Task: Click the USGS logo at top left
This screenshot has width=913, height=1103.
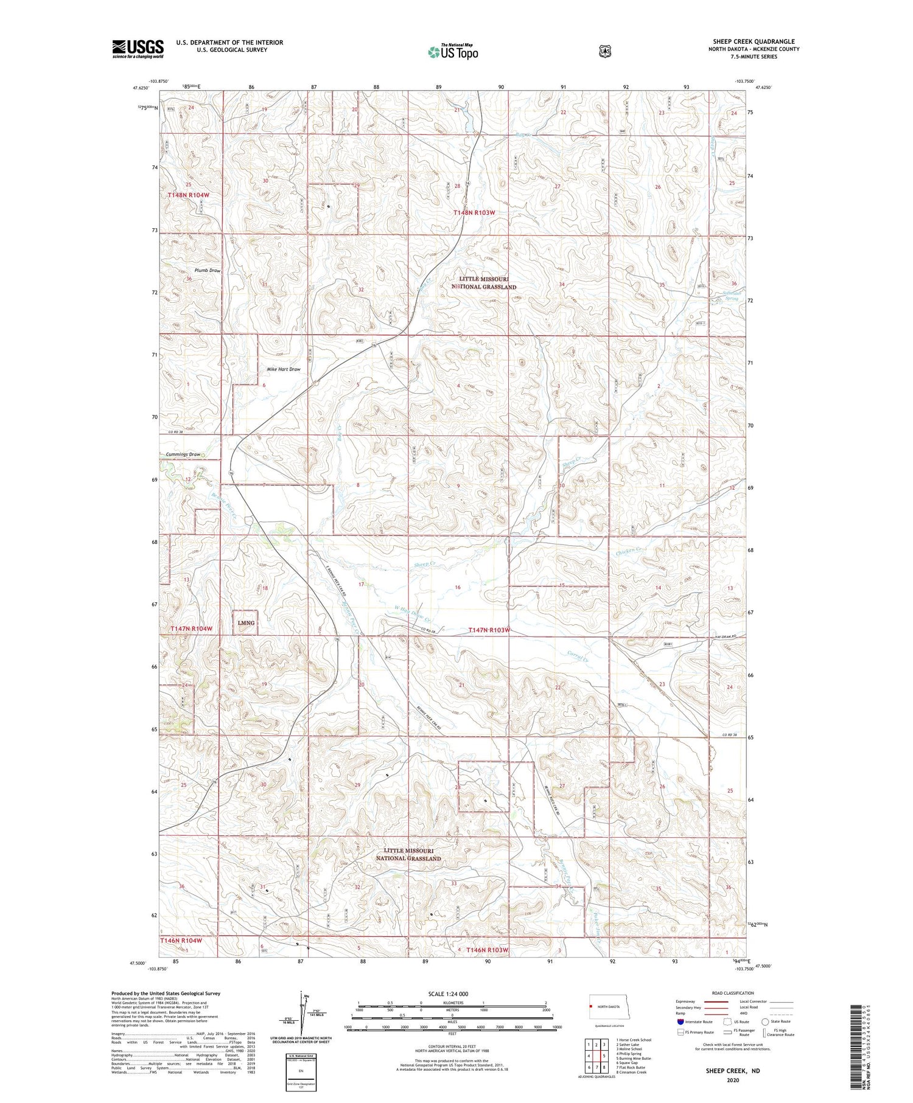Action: pyautogui.click(x=138, y=49)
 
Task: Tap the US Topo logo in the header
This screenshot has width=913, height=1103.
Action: pyautogui.click(x=453, y=52)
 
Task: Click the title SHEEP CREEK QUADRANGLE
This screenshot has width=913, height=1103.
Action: pyautogui.click(x=754, y=41)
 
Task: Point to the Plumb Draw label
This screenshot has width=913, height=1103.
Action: pyautogui.click(x=207, y=270)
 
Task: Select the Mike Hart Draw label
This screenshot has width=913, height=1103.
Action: pyautogui.click(x=283, y=369)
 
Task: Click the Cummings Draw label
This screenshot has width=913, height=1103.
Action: pyautogui.click(x=183, y=454)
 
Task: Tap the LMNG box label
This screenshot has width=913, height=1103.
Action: pyautogui.click(x=246, y=623)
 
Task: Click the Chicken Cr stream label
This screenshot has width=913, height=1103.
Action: pyautogui.click(x=629, y=551)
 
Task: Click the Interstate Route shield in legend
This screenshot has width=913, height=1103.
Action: pyautogui.click(x=680, y=1021)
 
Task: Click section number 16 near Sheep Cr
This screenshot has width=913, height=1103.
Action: pyautogui.click(x=458, y=588)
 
